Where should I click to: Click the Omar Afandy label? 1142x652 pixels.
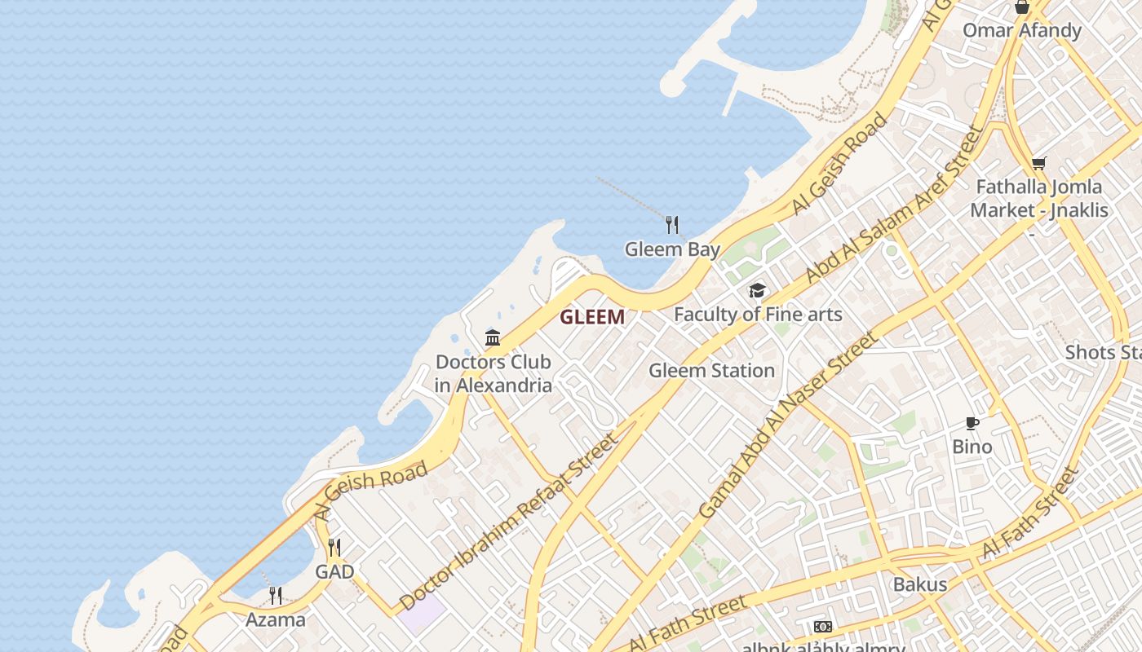coord(1021,31)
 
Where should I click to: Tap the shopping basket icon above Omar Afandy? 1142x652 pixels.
coord(1021,8)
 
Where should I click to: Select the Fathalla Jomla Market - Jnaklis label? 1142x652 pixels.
coord(1038,198)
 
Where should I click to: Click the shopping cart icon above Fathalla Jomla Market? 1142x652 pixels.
coord(1038,164)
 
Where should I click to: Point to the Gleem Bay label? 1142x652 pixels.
coord(672,249)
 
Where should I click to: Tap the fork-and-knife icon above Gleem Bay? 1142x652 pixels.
coord(672,224)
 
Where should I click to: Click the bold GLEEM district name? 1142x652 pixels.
coord(592,317)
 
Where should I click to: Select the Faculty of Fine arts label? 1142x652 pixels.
coord(758,314)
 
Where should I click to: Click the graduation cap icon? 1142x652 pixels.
coord(758,291)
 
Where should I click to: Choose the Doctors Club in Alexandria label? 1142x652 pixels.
coord(493,373)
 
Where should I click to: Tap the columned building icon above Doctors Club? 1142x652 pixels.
coord(493,337)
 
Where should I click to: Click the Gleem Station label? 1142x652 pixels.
coord(711,371)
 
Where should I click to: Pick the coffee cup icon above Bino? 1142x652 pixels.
coord(972,423)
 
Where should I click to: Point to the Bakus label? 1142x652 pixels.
coord(920,584)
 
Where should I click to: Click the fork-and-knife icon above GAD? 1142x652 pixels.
coord(334,547)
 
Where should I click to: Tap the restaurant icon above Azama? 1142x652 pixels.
coord(276,596)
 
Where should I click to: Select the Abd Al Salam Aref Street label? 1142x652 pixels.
coord(894,205)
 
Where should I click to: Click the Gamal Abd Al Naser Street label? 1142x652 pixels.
coord(789,425)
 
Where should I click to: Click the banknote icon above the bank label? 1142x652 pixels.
coord(823,627)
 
